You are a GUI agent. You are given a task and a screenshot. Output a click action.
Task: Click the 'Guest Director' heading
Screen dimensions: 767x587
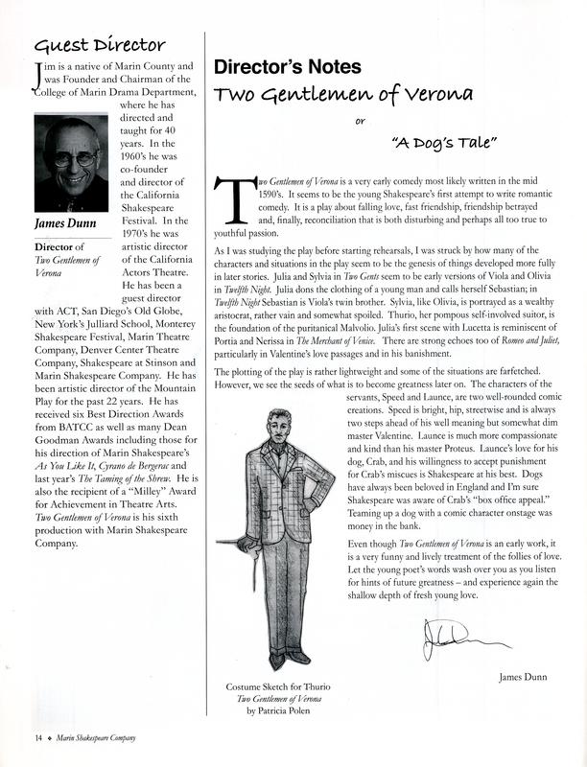pyautogui.click(x=100, y=44)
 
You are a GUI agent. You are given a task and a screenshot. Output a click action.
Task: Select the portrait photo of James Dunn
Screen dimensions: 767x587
pyautogui.click(x=70, y=164)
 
